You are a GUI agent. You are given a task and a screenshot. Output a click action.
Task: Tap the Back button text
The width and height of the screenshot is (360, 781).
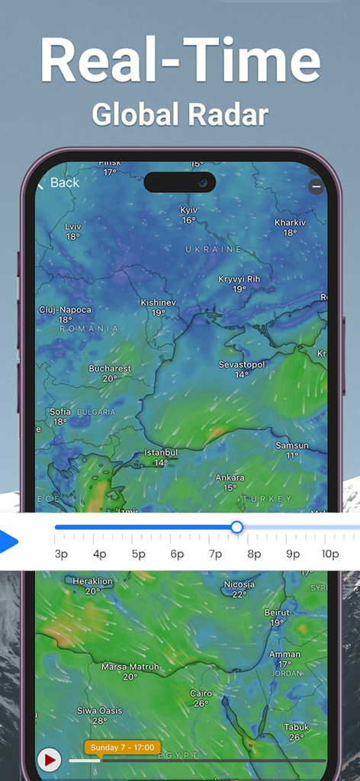(64, 183)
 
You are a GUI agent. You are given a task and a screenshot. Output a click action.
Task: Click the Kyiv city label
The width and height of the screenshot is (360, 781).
(188, 210)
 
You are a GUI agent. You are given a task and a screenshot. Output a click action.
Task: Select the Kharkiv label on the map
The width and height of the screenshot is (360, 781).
(289, 223)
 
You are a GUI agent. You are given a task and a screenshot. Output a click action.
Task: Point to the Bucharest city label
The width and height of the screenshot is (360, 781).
(110, 368)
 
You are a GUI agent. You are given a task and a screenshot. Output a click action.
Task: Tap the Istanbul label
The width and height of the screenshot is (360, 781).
(161, 452)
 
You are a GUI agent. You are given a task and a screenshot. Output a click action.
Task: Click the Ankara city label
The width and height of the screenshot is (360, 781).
(230, 478)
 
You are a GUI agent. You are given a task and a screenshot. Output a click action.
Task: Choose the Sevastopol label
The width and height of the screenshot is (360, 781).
(242, 365)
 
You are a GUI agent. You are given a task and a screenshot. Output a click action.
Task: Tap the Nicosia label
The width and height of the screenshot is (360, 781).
(239, 585)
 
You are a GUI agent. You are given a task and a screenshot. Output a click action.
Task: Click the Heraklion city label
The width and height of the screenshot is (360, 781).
(92, 581)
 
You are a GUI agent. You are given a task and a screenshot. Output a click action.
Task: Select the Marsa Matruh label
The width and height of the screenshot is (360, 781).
(130, 667)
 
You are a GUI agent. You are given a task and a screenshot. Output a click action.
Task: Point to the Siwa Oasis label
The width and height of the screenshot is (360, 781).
(99, 711)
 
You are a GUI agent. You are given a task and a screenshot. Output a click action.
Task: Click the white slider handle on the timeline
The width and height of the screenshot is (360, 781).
(236, 527)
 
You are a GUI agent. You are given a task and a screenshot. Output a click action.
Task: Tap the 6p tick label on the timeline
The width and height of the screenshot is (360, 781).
(177, 554)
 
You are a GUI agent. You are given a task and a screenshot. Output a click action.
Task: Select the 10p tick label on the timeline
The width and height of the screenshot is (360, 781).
(330, 554)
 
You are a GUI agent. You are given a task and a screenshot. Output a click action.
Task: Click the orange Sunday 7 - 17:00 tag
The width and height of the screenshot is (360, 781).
(122, 747)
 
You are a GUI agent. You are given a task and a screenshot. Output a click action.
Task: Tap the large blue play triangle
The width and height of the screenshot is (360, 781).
(8, 542)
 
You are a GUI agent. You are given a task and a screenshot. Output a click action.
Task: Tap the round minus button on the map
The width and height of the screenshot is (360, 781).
(316, 186)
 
